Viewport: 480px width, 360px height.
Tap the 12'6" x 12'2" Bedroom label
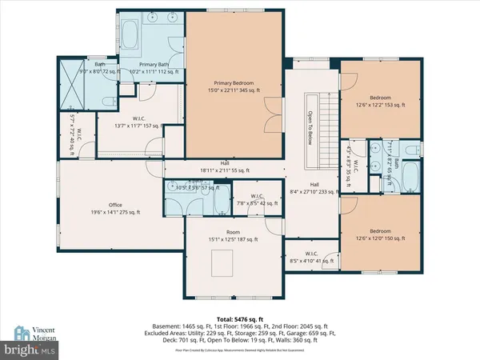[380, 99]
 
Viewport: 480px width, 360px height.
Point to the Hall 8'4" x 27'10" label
[312, 188]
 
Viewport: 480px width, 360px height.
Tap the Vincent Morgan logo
[32, 334]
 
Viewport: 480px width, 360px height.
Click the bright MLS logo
[32, 350]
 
